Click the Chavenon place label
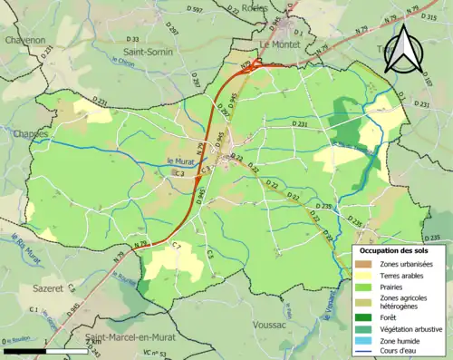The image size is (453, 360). [23, 41]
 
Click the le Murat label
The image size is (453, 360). [181, 161]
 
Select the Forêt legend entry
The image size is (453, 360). [391, 317]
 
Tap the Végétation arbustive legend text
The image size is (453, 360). [410, 329]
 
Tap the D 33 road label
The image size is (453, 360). [133, 40]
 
